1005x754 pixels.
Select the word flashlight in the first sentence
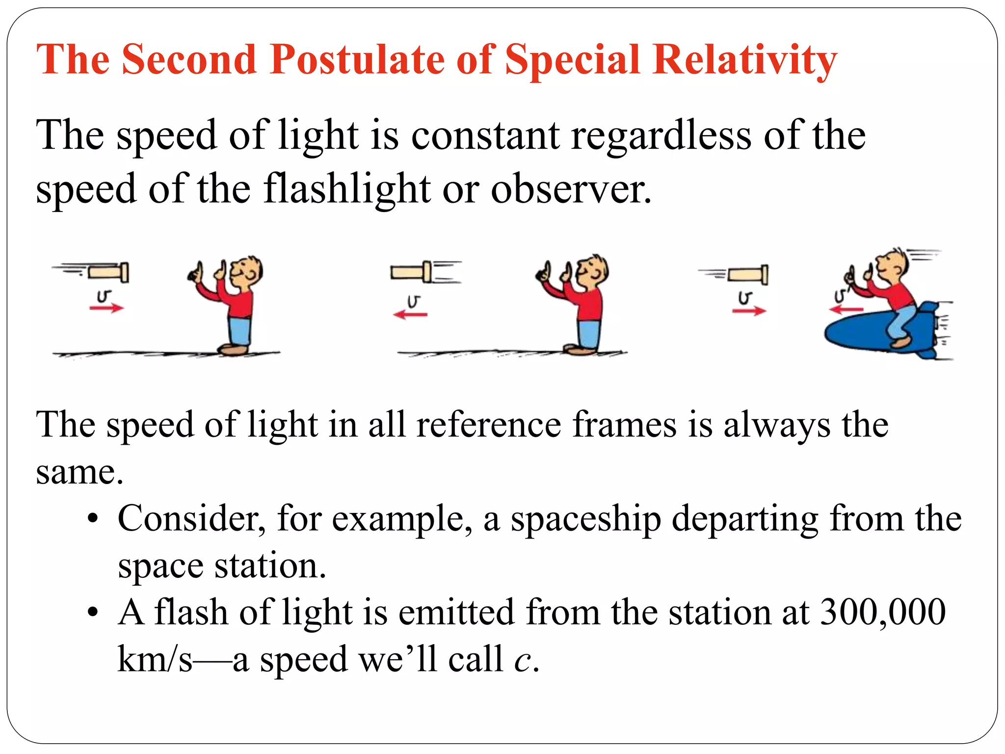(x=346, y=189)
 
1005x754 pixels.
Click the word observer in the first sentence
(x=571, y=189)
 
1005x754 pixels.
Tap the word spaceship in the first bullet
(x=585, y=519)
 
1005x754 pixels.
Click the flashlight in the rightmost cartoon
(x=748, y=274)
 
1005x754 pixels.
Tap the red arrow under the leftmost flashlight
(x=106, y=308)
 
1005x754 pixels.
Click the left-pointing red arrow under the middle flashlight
(x=411, y=314)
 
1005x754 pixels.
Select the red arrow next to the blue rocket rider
(x=846, y=309)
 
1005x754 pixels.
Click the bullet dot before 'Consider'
(x=92, y=519)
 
